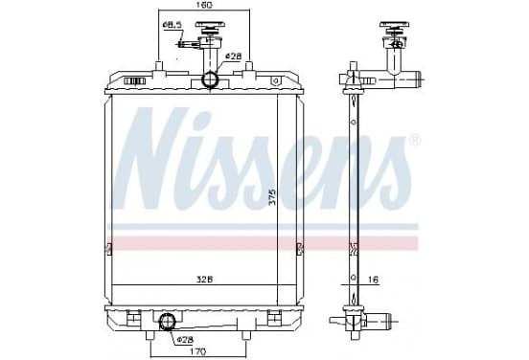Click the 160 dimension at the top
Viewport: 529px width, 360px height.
pos(203,5)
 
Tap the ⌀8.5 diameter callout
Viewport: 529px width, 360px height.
pos(172,25)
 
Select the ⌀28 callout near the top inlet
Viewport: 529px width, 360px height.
pos(234,56)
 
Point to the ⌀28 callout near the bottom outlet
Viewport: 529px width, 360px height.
pos(185,340)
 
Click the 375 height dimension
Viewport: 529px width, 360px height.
pos(272,196)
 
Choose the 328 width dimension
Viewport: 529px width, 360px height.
pos(205,280)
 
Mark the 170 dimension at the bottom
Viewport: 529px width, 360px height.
pos(197,352)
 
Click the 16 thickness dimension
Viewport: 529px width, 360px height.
pos(373,280)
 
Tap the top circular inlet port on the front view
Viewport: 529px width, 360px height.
pos(210,79)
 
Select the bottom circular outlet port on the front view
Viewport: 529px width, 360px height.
pos(167,321)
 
